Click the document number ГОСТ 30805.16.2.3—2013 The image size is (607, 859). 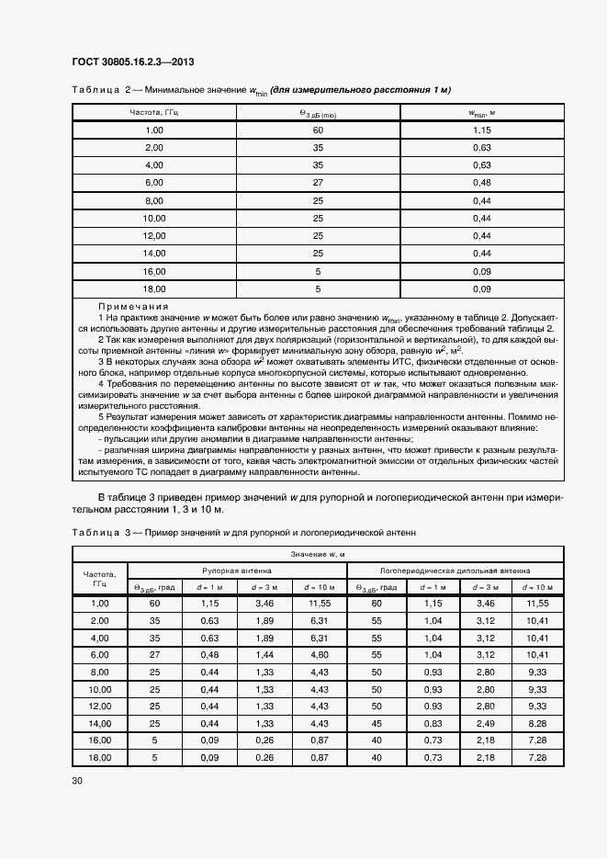click(x=132, y=62)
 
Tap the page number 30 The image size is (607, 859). click(x=76, y=781)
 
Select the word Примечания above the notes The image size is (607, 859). click(x=133, y=306)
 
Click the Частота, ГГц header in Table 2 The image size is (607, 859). click(x=153, y=112)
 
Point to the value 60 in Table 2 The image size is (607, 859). click(x=318, y=130)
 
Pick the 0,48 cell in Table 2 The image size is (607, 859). click(x=481, y=183)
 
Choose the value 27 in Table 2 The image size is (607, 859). click(x=318, y=183)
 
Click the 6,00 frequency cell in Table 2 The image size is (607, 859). click(x=153, y=183)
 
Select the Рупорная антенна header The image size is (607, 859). click(x=236, y=570)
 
